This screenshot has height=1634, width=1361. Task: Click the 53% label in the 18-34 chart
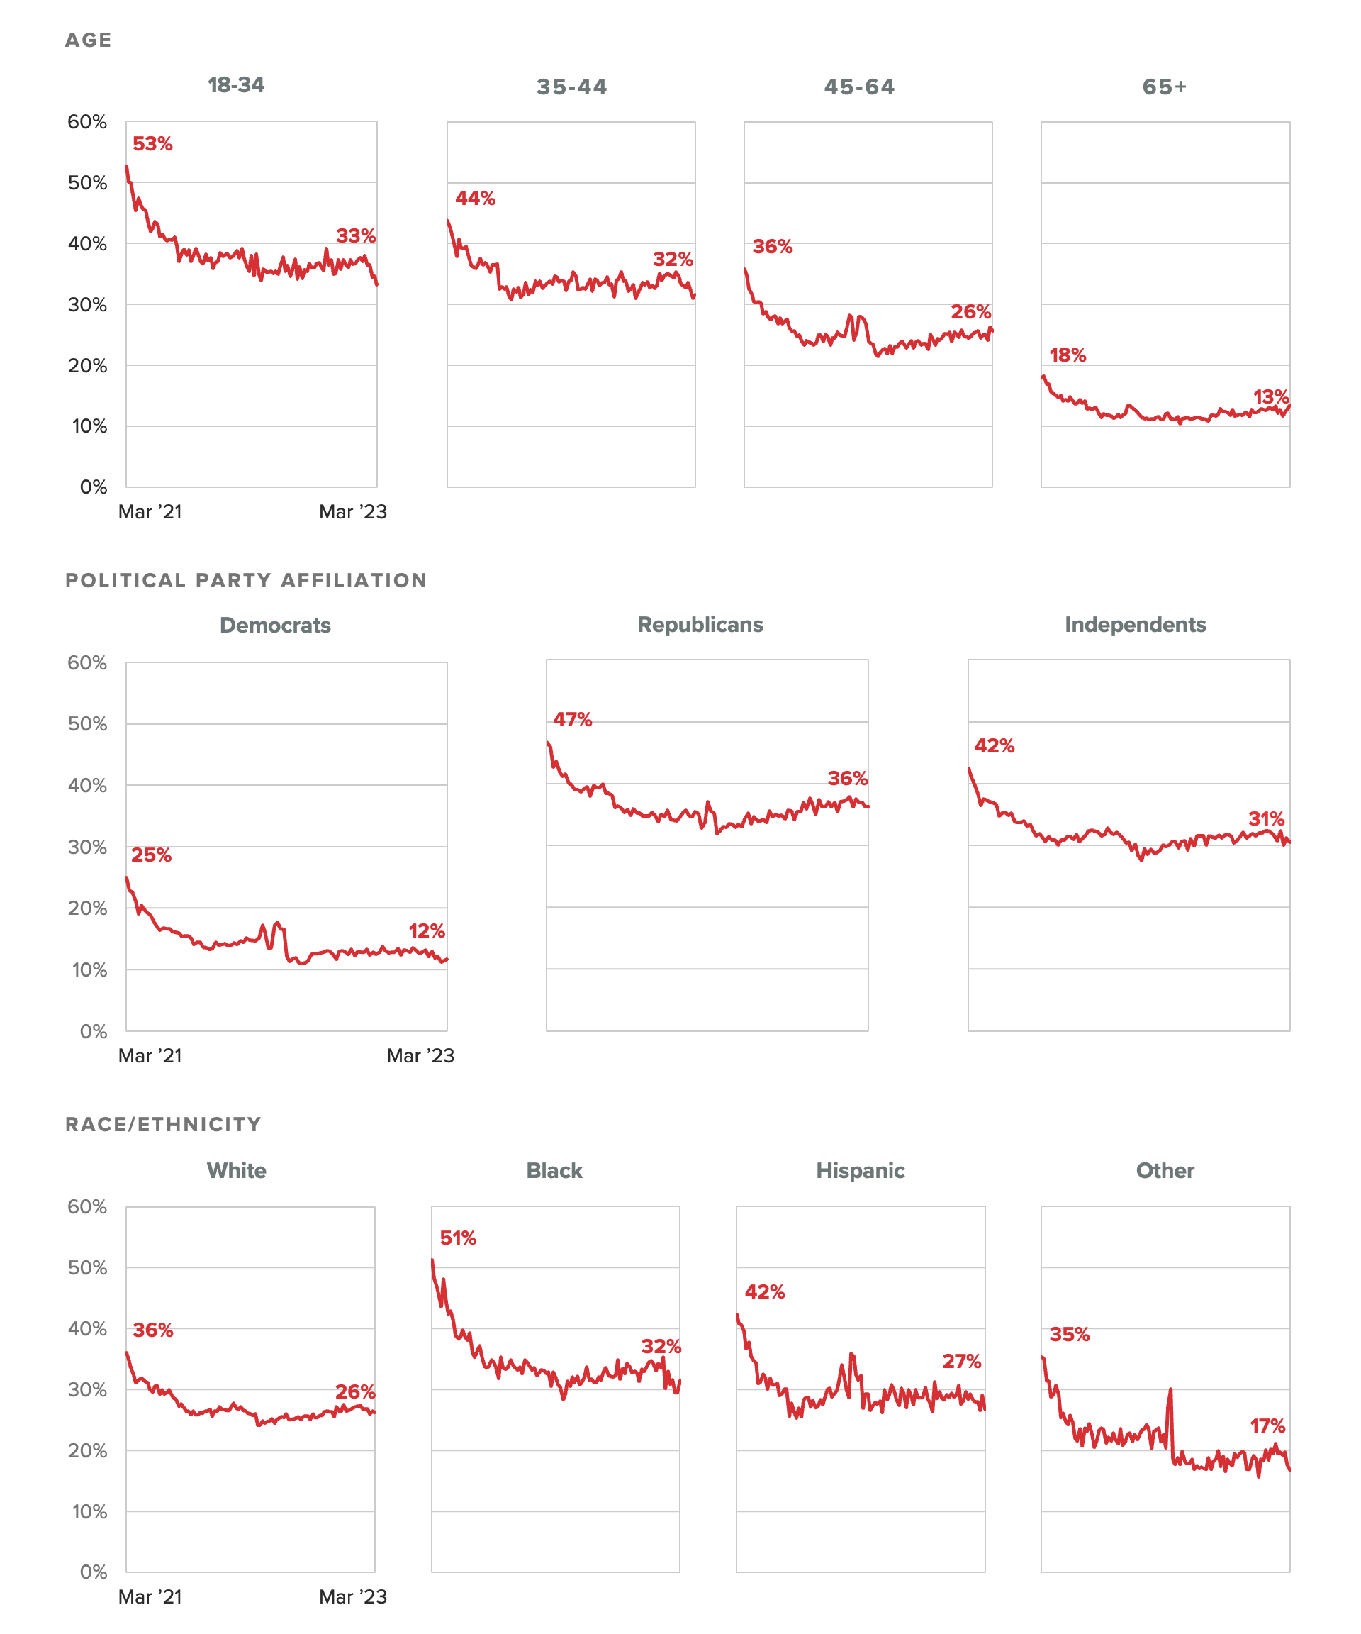(x=152, y=144)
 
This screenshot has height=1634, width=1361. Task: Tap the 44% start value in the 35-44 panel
(x=475, y=199)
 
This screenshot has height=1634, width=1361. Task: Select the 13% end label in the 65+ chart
(x=1271, y=397)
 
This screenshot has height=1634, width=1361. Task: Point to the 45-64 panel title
(x=859, y=87)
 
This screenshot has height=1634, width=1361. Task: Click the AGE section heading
(x=89, y=40)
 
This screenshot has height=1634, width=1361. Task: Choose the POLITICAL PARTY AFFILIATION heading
(x=246, y=580)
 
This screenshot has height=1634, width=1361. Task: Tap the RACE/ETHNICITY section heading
(x=163, y=1124)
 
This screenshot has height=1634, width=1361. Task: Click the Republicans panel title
(x=700, y=625)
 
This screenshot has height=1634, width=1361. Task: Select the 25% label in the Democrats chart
(x=151, y=855)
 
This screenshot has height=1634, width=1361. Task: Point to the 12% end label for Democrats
(x=426, y=930)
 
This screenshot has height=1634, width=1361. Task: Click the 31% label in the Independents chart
(x=1266, y=818)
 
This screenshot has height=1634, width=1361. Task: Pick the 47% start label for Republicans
(x=572, y=720)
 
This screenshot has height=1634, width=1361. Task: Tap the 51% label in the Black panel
(x=458, y=1238)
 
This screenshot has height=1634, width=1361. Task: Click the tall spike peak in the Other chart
(x=1170, y=1389)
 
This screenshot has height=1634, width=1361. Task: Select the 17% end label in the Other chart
(x=1267, y=1426)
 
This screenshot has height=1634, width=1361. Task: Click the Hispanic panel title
(x=860, y=1171)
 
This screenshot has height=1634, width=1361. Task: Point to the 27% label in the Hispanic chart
(x=961, y=1362)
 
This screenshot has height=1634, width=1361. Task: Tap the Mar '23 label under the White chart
(x=353, y=1597)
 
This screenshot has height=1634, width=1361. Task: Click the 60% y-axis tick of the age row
(x=87, y=122)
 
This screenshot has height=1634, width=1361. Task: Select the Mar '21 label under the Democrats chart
(x=150, y=1056)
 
